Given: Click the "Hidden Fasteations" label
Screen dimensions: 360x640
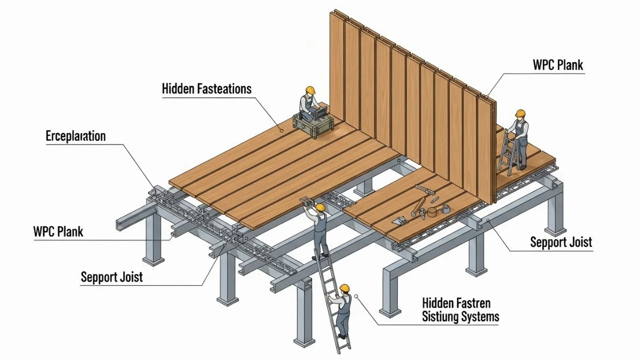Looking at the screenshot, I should pyautogui.click(x=206, y=89).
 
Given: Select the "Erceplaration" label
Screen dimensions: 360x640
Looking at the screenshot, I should pyautogui.click(x=75, y=135).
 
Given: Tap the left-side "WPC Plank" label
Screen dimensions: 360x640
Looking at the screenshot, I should pyautogui.click(x=58, y=232).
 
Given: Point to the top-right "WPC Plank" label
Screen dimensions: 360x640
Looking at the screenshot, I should pyautogui.click(x=558, y=65).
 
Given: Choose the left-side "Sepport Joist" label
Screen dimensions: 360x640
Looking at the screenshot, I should pyautogui.click(x=111, y=277).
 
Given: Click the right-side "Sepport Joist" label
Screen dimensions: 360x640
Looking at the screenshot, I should pyautogui.click(x=561, y=242).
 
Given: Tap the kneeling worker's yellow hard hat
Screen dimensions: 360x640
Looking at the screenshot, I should pyautogui.click(x=310, y=90).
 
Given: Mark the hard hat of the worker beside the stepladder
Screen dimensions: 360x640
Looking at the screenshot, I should pyautogui.click(x=520, y=113).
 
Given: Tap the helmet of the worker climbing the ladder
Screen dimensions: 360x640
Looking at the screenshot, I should pyautogui.click(x=320, y=207).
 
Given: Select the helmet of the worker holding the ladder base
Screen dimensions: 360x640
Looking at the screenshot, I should pyautogui.click(x=345, y=289).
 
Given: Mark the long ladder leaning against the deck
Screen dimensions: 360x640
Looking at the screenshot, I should pyautogui.click(x=330, y=299).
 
